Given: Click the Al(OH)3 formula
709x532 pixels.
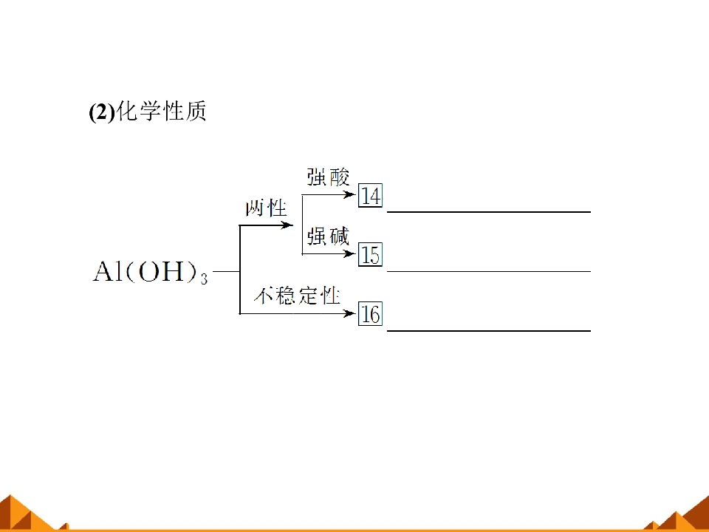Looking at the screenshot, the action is point(151,273).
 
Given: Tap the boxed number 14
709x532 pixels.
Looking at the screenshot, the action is point(370,195).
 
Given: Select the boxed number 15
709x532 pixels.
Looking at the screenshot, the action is point(370,254).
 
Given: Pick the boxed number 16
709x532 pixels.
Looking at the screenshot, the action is point(370,313).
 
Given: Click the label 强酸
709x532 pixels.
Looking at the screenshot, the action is point(328,177).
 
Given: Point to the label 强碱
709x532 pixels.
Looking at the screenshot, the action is point(328,236).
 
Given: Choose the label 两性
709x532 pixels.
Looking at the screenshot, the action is point(266,208).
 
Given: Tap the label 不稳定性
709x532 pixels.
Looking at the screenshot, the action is point(297,296).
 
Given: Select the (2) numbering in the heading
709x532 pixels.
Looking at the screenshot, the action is point(102,112).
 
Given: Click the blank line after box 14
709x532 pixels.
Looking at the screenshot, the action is point(489,212).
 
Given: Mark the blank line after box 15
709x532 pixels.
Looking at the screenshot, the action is point(489,271).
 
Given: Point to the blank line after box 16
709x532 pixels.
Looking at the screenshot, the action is point(489,331).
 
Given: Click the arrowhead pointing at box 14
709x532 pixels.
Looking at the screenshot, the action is point(349,195).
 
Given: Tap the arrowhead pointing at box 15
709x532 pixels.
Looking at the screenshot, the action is point(349,253).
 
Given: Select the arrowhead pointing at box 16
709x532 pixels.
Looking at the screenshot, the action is point(349,313).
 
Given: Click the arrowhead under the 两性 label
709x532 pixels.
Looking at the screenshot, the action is point(287,225).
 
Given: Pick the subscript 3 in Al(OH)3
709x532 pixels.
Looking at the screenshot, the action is point(204,279).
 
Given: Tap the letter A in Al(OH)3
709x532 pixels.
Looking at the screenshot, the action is point(103,271).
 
